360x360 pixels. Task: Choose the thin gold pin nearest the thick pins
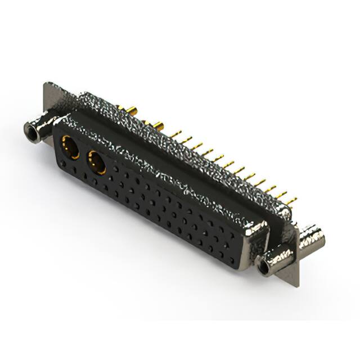tap(179, 133)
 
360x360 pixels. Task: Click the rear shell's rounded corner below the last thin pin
tap(287, 213)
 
